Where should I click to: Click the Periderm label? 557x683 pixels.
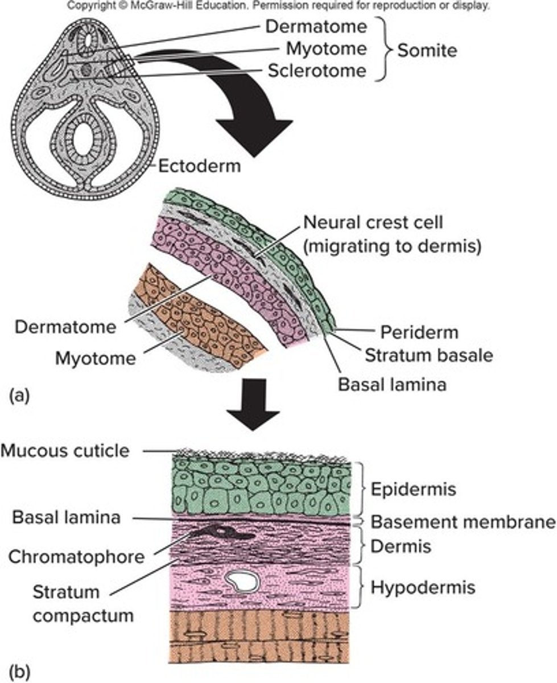419,332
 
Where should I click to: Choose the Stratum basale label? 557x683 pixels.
428,355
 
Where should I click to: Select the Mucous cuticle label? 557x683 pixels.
65,451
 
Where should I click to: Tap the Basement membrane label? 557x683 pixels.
463,522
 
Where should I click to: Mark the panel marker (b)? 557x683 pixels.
19,671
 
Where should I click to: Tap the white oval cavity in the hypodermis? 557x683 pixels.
242,582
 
